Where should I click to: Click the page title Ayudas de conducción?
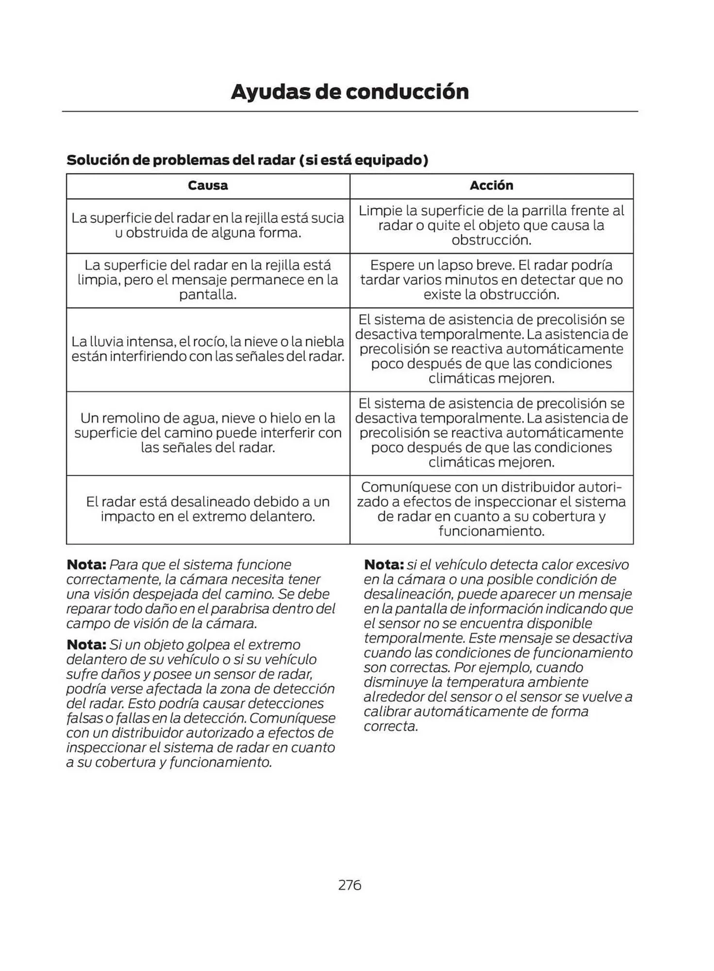point(349,92)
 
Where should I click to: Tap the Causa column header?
point(208,185)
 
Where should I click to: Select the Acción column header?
point(491,185)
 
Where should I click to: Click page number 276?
point(349,885)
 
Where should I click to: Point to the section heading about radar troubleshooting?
point(247,160)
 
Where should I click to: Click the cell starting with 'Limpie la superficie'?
point(491,225)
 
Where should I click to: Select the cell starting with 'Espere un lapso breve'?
point(491,280)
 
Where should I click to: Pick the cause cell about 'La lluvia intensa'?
point(208,349)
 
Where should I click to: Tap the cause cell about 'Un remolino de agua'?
point(208,433)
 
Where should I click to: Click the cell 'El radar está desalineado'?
point(208,509)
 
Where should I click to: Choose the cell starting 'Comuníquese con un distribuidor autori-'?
point(491,509)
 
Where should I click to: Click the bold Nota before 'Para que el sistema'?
point(86,565)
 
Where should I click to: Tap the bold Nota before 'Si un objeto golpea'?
point(86,645)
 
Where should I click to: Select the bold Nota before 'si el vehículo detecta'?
point(383,565)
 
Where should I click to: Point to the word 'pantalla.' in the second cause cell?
point(208,295)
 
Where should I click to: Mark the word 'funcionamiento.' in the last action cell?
point(491,531)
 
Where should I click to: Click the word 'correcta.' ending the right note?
point(391,726)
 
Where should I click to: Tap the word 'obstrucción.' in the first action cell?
point(491,240)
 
